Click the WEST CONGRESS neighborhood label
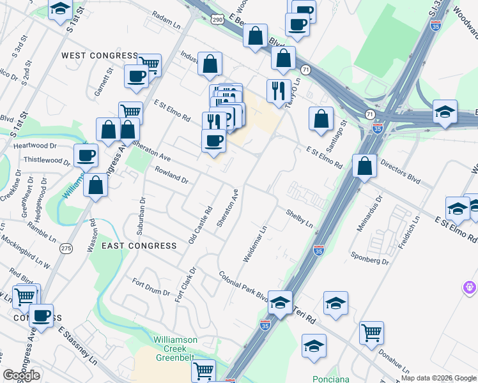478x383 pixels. pos(99,56)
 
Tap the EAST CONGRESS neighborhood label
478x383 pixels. pos(139,246)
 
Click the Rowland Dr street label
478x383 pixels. pos(171,175)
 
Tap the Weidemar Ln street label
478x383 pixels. pos(254,243)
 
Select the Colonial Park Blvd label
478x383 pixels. pos(243,287)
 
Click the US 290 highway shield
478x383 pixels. pos(218,19)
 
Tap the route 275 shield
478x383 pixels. pos(65,248)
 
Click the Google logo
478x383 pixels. pos(21,375)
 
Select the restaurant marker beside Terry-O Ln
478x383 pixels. pos(279,91)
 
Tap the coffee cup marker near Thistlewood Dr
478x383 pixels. pos(86,155)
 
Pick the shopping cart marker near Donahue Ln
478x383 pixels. pos(371,333)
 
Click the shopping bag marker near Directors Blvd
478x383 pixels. pos(364,167)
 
